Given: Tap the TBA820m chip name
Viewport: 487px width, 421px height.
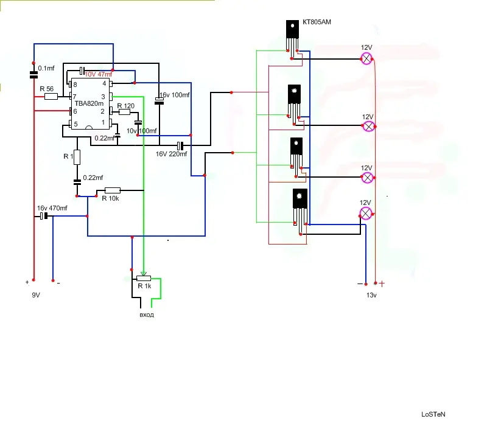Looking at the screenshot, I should tap(89, 103).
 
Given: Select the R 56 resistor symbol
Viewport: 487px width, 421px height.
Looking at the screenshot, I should tap(51, 96).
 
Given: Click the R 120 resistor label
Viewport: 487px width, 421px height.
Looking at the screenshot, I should tap(125, 106).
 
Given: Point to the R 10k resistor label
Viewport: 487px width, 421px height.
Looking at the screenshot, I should tap(111, 198).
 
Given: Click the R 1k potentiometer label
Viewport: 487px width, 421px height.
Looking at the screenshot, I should tap(144, 286).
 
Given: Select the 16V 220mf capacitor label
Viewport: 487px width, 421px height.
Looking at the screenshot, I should tap(171, 154).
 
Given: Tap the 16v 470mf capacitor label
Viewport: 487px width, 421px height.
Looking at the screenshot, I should tap(52, 208).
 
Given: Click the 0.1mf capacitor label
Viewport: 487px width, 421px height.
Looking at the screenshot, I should tap(46, 68).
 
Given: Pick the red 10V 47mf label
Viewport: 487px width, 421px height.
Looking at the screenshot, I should tap(98, 74).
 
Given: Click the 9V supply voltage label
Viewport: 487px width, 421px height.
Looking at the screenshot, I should tap(36, 294).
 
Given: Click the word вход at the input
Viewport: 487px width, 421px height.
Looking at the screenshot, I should tap(147, 315).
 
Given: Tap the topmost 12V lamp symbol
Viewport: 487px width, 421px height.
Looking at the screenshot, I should tap(367, 58).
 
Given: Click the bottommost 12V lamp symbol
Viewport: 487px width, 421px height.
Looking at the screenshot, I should tap(366, 213).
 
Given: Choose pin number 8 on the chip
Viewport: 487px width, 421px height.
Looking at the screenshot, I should tap(75, 84).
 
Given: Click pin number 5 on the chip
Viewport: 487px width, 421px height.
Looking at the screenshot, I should tap(75, 124).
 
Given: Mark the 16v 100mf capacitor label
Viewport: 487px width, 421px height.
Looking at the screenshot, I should tap(175, 96).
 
